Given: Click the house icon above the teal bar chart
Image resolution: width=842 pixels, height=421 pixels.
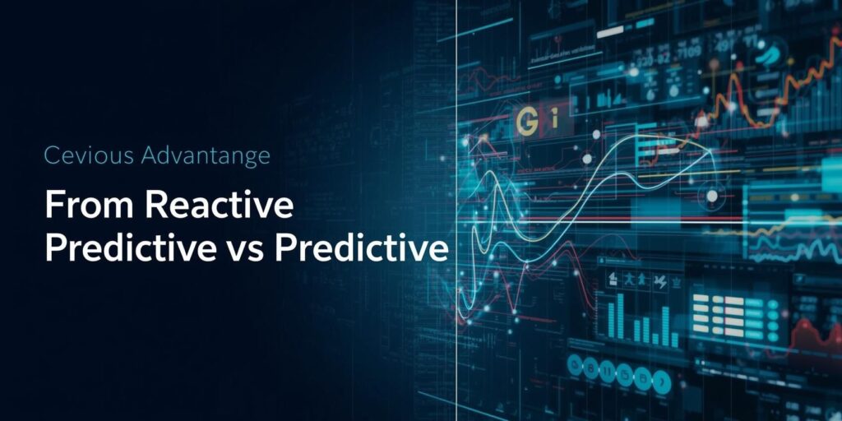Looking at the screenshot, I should point(613,280).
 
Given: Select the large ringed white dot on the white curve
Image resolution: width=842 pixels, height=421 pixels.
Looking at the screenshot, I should point(712,196).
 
